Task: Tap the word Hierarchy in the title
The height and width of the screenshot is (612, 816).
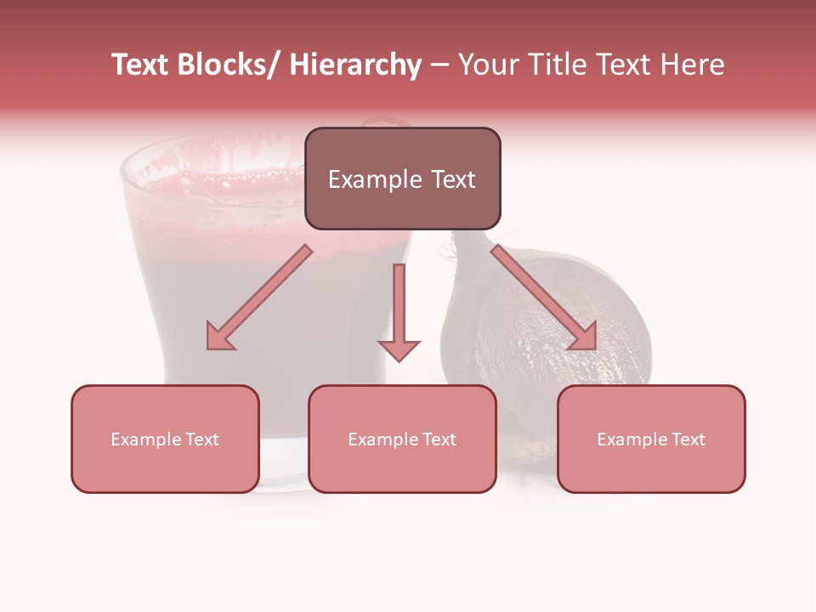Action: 355,65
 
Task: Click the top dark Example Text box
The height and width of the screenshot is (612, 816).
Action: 402,179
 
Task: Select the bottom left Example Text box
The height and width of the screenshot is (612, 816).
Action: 165,439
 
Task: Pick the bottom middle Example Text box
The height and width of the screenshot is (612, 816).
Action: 402,439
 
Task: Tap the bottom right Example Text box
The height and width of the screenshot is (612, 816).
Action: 651,439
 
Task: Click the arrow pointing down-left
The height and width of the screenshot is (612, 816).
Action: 259,297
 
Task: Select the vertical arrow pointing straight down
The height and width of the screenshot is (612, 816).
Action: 399,306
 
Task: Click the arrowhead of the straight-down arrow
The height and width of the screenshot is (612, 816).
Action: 399,349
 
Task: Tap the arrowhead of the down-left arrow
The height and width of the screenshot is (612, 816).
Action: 219,337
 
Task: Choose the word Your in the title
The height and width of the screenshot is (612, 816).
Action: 490,65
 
